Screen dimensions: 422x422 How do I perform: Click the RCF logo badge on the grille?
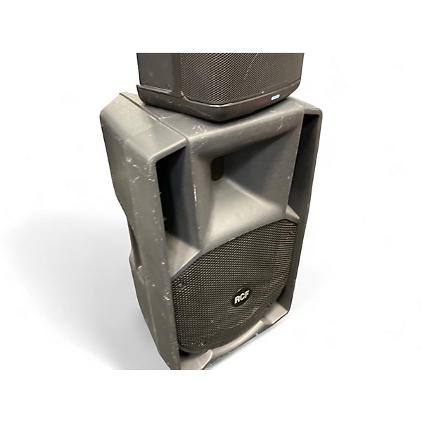tap(241, 299)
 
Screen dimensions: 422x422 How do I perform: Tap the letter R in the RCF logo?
tap(236, 300)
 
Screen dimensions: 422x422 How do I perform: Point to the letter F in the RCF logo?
tap(246, 298)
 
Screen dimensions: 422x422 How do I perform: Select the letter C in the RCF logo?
tap(241, 299)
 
